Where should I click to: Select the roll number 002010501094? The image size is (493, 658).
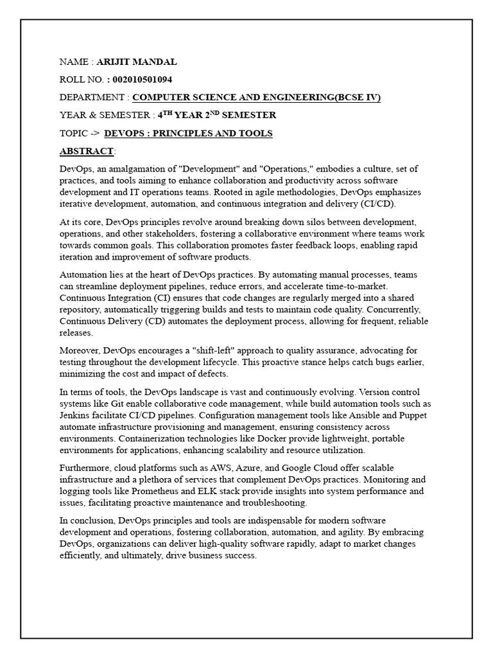coord(143,80)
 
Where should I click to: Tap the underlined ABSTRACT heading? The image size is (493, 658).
coord(86,151)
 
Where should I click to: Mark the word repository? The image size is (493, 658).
coord(82,310)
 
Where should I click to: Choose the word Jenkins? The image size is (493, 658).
coord(78,404)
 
